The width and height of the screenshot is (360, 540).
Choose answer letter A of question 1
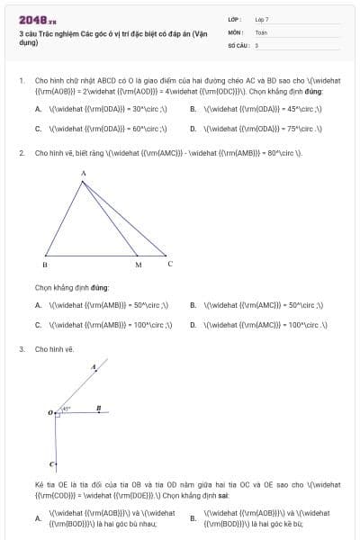(x=38, y=108)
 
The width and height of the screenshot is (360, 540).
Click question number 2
(x=22, y=153)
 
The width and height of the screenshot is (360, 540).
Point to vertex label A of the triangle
(x=83, y=173)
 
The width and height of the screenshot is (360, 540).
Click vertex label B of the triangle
(x=45, y=266)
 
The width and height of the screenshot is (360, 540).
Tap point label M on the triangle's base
(x=138, y=266)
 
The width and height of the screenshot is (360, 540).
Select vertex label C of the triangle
(x=170, y=264)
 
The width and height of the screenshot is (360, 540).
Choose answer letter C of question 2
(x=38, y=325)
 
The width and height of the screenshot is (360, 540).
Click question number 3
(x=22, y=348)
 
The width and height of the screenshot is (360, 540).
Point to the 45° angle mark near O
(x=66, y=409)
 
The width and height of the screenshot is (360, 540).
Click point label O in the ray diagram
(x=50, y=413)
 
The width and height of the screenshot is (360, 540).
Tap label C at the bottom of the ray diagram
(x=51, y=464)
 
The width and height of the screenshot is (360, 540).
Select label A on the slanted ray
(x=94, y=367)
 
